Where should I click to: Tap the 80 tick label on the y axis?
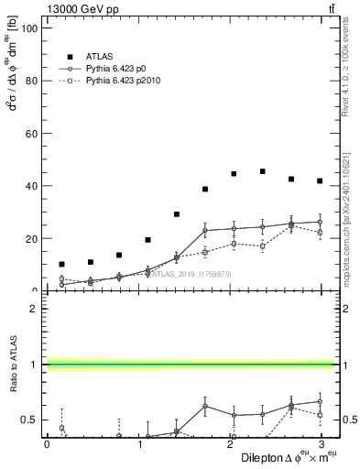[x=29, y=81]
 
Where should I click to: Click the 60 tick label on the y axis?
[x=29, y=133]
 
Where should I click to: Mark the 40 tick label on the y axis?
[x=29, y=186]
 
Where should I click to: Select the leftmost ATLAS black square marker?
[x=61, y=264]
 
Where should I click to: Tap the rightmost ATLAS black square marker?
[x=320, y=180]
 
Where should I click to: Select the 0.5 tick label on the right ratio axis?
[x=348, y=420]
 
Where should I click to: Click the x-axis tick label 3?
[x=321, y=443]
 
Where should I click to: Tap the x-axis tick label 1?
[x=138, y=443]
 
